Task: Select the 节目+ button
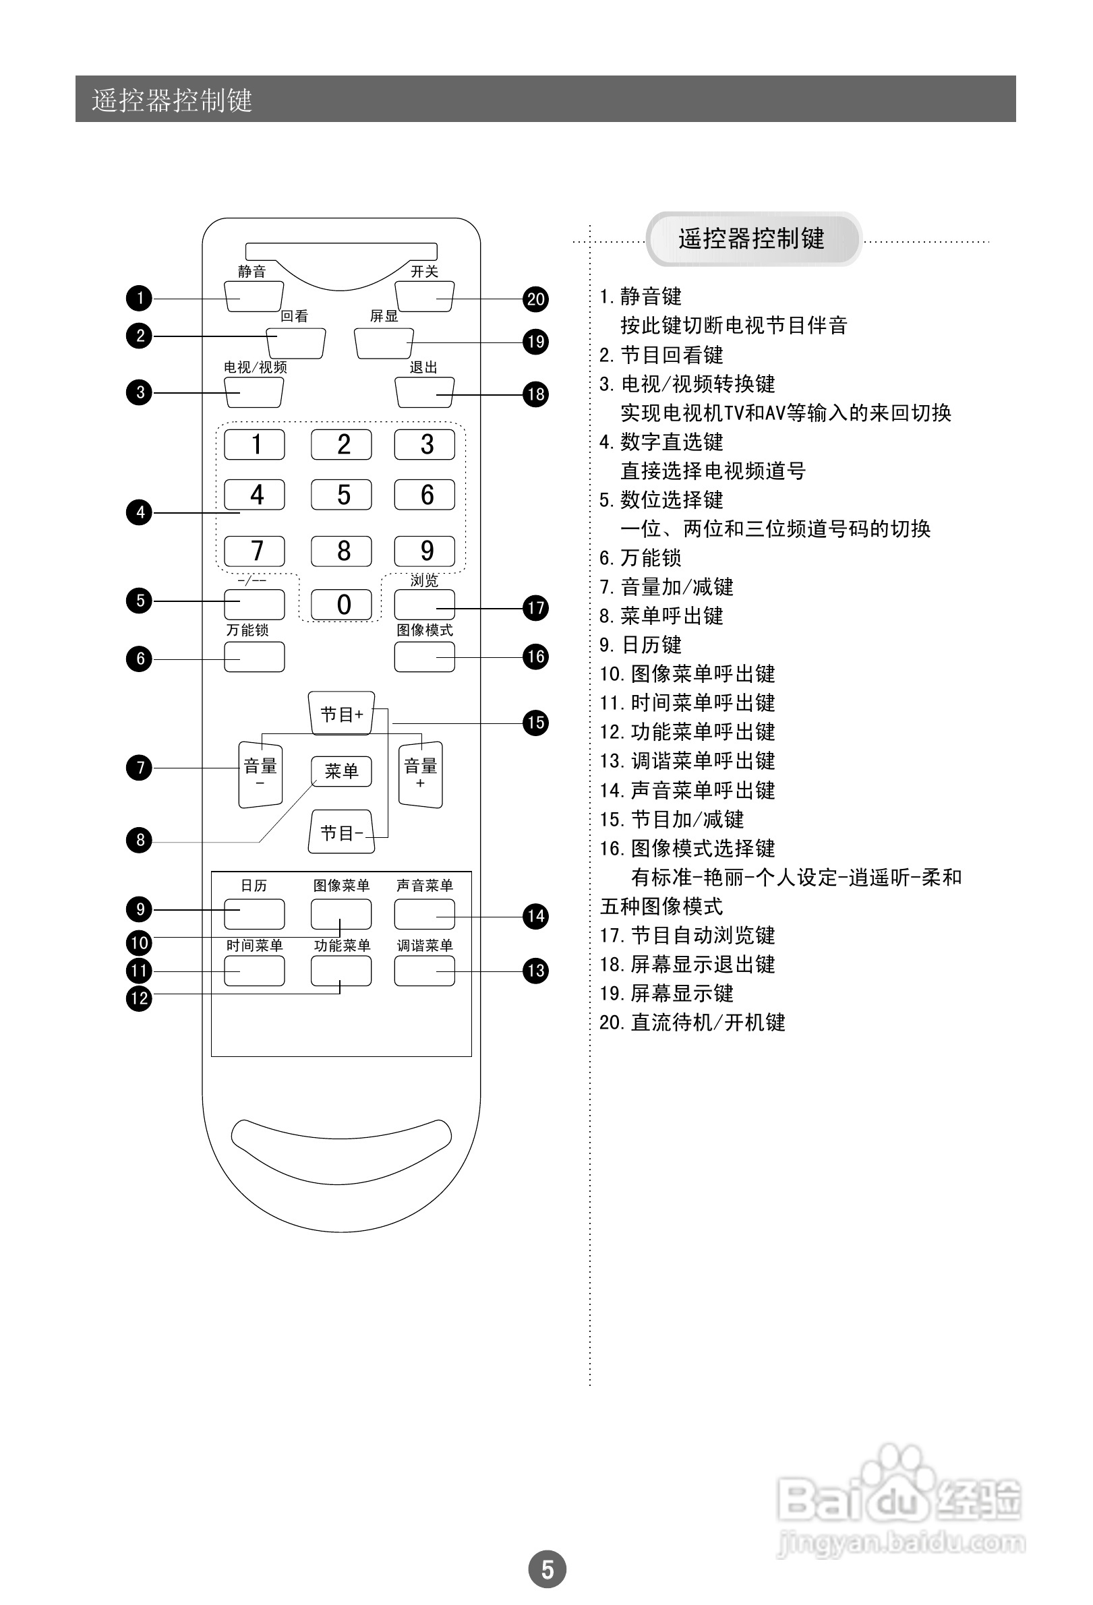tap(341, 713)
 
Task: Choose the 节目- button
tap(341, 832)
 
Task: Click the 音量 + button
tap(421, 773)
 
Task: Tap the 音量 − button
tap(260, 773)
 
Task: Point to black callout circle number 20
tap(535, 299)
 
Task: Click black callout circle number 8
tap(140, 840)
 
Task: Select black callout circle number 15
tap(535, 723)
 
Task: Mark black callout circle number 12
tap(140, 998)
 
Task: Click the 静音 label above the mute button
tap(252, 272)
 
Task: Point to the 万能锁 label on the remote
tap(247, 630)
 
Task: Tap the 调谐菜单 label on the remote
tap(424, 946)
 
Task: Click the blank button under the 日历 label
tap(254, 913)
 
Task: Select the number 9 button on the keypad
tap(424, 551)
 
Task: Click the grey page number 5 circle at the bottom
tap(548, 1569)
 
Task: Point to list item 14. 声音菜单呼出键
tap(688, 790)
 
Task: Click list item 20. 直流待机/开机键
tap(692, 1022)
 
